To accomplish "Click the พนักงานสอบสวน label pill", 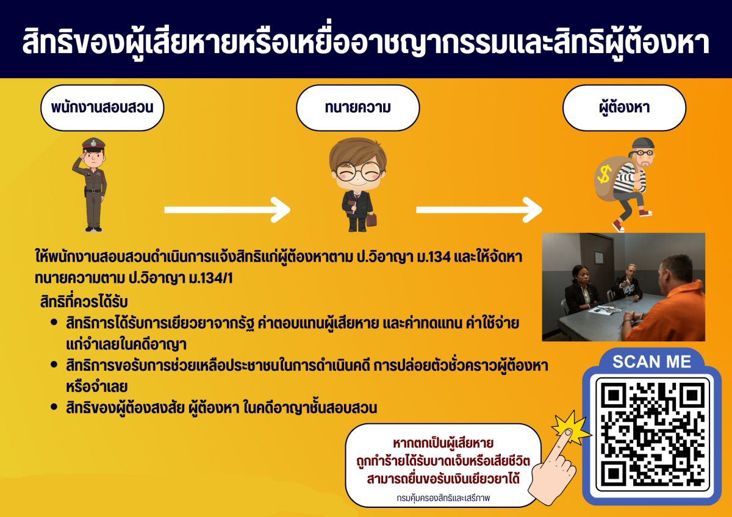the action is (x=102, y=108).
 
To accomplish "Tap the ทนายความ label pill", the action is (x=358, y=108).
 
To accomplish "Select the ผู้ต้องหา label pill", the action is (x=624, y=108).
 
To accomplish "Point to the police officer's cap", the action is (x=94, y=144).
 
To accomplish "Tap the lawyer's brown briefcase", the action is (x=371, y=220).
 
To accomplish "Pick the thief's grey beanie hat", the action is (x=643, y=144).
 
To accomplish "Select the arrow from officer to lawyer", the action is (x=227, y=210).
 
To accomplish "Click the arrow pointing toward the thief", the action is (x=479, y=210).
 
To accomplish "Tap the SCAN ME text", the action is (x=651, y=362).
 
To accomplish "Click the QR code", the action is (x=652, y=435).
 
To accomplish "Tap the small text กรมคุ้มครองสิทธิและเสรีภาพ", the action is (x=443, y=498).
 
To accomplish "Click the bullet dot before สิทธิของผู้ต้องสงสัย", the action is (x=54, y=407).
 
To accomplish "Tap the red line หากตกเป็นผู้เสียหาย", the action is (x=443, y=443).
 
